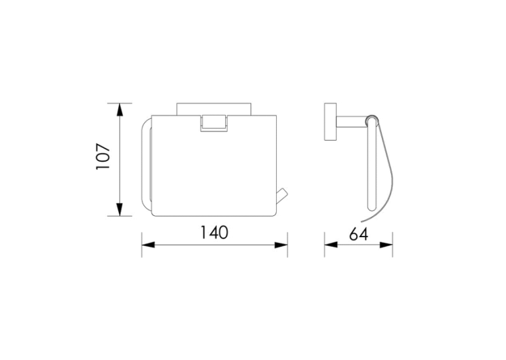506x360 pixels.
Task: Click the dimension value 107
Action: [103, 157]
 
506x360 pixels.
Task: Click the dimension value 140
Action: [214, 233]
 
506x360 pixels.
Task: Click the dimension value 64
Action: [359, 234]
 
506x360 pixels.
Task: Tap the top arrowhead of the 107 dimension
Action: [120, 110]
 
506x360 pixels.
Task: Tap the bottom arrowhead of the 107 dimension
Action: [120, 209]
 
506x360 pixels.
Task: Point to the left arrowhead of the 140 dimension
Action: [149, 245]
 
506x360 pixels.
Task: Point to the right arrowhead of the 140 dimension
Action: [281, 245]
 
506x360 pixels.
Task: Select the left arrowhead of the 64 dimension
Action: [331, 245]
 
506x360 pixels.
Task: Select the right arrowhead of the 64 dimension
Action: [386, 245]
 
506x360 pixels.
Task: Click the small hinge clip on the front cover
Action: [214, 123]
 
